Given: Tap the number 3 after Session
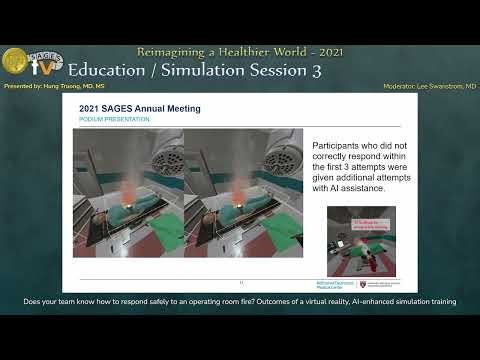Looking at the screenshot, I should click(x=315, y=70).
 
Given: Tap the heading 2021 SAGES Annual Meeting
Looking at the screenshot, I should click(x=140, y=108).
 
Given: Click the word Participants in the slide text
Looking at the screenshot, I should click(x=344, y=144).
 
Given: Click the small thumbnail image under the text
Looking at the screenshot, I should click(x=361, y=241).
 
